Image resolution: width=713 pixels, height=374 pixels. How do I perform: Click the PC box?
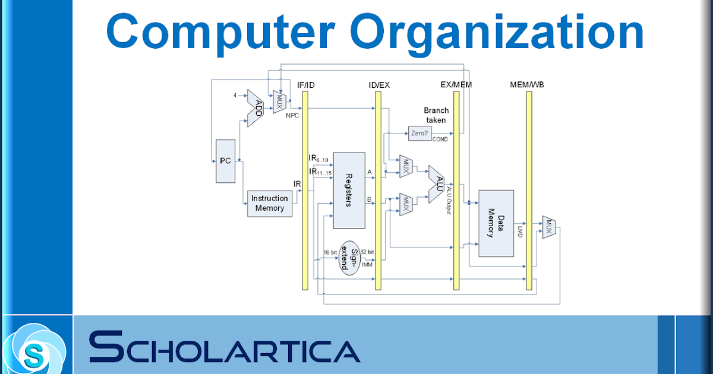click(x=225, y=161)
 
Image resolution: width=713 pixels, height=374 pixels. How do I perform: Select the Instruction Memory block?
click(x=270, y=204)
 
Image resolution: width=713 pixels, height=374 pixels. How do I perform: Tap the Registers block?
click(x=348, y=190)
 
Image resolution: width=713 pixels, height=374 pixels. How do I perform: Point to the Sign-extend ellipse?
click(x=350, y=256)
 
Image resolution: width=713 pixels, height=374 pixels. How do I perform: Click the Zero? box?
click(x=419, y=134)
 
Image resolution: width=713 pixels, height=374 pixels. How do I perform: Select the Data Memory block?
click(x=496, y=223)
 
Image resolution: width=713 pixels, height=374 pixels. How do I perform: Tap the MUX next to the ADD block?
click(x=278, y=102)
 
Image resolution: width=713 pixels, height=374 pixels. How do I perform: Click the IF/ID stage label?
click(x=305, y=85)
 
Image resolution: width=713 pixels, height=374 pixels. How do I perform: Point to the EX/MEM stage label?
click(x=456, y=84)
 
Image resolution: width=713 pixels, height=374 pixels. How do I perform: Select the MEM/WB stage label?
click(x=527, y=84)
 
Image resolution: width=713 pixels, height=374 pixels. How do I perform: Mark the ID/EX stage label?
click(x=379, y=85)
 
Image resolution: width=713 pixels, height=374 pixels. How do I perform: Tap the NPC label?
click(x=292, y=115)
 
